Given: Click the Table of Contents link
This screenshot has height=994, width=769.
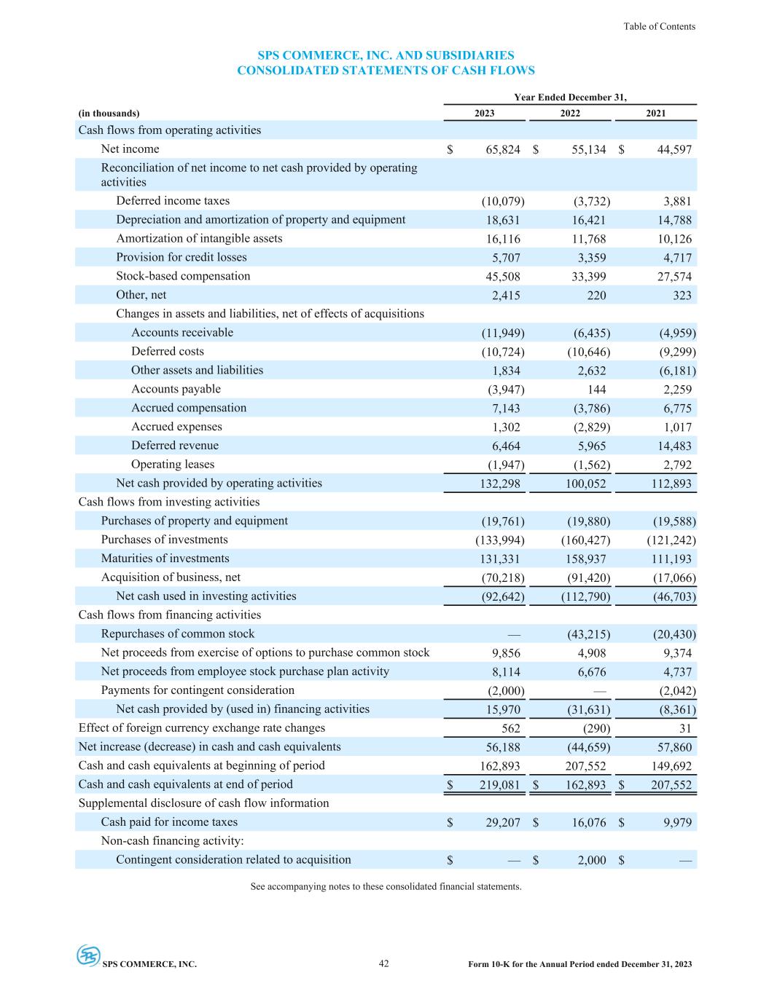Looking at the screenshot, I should [x=659, y=26].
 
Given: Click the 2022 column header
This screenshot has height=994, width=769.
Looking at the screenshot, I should [x=570, y=113].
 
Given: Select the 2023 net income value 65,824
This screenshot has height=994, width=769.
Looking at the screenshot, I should [x=503, y=149].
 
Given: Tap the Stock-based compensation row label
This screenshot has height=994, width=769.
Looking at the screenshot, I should [x=183, y=276].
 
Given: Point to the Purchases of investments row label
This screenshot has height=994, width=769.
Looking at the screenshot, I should [x=164, y=540].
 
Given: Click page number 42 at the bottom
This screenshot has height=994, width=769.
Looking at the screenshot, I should [x=384, y=963].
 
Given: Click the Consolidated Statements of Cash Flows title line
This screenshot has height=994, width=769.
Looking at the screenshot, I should [x=386, y=71].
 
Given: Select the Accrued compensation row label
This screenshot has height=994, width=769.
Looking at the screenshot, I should [x=189, y=408].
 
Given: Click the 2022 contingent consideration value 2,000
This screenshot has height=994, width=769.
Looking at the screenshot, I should [x=592, y=860].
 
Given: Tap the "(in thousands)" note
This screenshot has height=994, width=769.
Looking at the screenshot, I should [x=109, y=113].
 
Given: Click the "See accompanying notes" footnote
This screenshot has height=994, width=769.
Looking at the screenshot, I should [x=386, y=886].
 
